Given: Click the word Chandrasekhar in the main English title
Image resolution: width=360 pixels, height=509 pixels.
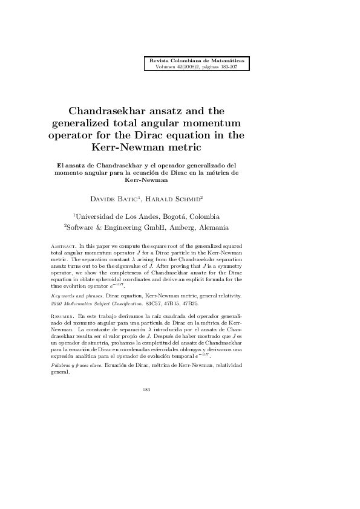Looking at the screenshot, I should tap(122, 111).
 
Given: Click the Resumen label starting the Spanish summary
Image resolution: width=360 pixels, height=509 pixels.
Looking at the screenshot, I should tap(63, 316).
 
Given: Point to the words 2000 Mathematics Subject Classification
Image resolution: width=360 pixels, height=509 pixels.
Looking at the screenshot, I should tap(91, 303).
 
